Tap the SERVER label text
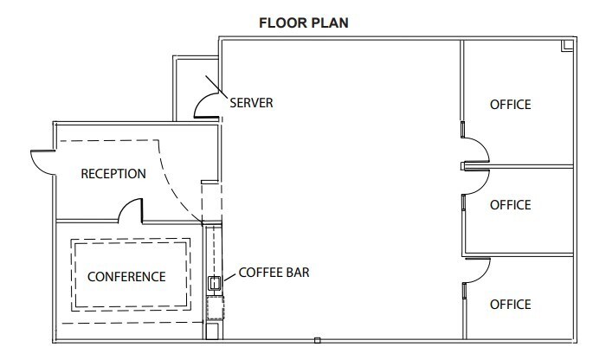[x=251, y=103]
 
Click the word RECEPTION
[x=113, y=174]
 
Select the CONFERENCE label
[x=126, y=277]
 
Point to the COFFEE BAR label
[x=274, y=272]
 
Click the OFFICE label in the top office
[x=510, y=105]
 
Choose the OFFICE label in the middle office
[x=510, y=205]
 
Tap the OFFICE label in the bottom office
[x=510, y=305]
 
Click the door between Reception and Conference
[x=130, y=209]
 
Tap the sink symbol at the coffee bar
[x=213, y=282]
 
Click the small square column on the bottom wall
[x=318, y=339]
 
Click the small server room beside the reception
[x=195, y=87]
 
